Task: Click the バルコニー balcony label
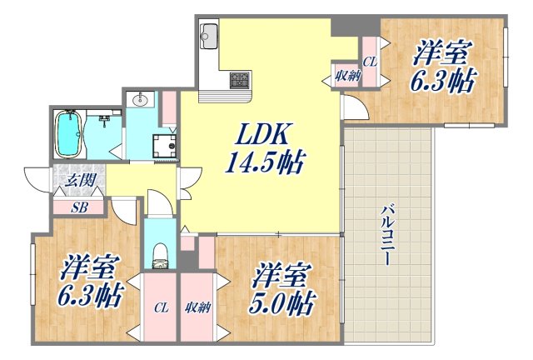(x=388, y=234)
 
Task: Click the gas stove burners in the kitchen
(x=242, y=80)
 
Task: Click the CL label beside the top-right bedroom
(x=371, y=60)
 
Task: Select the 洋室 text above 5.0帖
(x=283, y=274)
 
